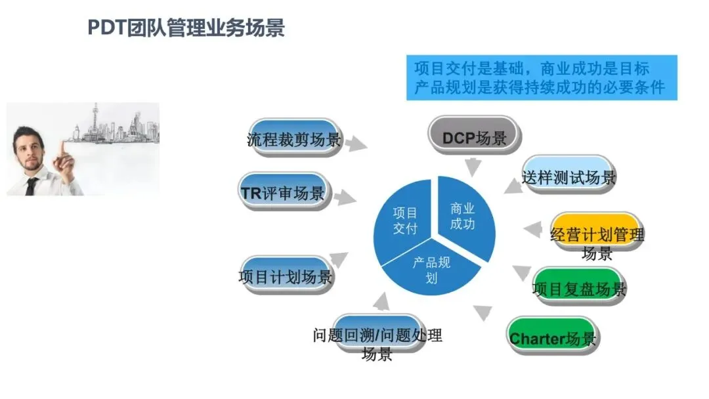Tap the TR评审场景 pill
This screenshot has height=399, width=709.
pyautogui.click(x=284, y=192)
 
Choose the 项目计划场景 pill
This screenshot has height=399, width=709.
pyautogui.click(x=285, y=275)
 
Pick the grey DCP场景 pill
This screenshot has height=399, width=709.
pyautogui.click(x=474, y=136)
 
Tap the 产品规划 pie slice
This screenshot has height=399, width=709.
pyautogui.click(x=431, y=269)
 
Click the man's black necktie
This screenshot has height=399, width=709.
pyautogui.click(x=31, y=186)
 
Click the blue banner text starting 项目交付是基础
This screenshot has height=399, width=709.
pyautogui.click(x=541, y=77)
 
